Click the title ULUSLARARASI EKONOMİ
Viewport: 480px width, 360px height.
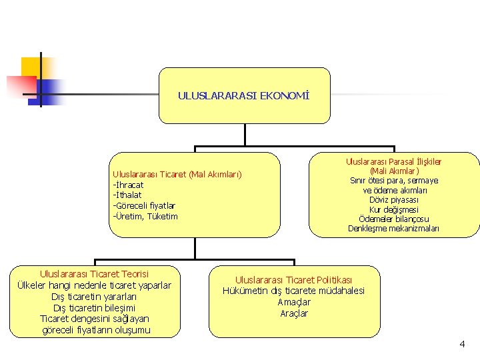pos(244,96)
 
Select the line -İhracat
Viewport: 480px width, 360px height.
pos(129,185)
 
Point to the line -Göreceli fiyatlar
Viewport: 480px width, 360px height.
pos(144,206)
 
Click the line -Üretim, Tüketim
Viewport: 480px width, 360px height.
pos(145,216)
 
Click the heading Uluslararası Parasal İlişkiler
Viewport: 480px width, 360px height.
pos(393,161)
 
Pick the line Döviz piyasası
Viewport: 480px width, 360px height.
pos(393,200)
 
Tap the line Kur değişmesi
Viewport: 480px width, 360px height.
pos(393,209)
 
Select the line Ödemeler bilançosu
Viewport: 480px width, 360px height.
pos(393,219)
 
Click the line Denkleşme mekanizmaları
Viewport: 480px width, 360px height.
pos(393,229)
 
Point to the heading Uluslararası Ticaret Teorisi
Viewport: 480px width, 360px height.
pos(94,274)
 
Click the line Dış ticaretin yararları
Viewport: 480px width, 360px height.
pos(94,297)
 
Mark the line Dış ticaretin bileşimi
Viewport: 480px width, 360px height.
pos(94,308)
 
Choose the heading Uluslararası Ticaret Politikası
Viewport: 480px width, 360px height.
pos(294,280)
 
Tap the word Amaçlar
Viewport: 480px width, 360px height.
pos(294,302)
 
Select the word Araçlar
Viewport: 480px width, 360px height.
pos(294,313)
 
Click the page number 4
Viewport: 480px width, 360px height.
pos(462,344)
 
